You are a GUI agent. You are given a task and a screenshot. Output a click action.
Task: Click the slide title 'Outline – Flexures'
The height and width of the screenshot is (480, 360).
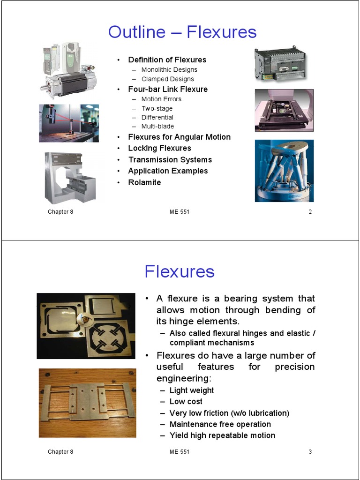[182, 32]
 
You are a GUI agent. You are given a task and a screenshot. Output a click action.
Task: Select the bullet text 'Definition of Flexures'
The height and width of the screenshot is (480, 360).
[167, 60]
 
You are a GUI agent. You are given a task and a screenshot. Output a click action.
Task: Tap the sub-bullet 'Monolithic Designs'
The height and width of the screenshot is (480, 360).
[169, 69]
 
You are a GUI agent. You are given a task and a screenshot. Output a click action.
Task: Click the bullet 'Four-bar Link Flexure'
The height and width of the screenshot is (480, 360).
[168, 89]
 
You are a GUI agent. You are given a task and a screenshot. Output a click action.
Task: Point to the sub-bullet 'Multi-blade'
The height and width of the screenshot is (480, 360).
[157, 126]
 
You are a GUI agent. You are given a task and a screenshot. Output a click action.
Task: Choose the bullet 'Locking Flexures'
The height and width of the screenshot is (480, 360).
[159, 148]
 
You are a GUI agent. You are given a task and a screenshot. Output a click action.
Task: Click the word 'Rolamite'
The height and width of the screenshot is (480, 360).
[144, 182]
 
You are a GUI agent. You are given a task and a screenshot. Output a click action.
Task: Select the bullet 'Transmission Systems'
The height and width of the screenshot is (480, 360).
[170, 160]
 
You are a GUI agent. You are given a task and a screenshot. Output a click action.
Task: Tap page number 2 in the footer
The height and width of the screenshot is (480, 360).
[310, 212]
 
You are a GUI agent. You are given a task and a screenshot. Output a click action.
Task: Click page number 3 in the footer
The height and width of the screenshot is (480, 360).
[310, 452]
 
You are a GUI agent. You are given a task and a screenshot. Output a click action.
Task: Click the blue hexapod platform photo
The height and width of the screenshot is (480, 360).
[284, 171]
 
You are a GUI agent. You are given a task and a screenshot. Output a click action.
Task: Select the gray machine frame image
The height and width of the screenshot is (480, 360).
[70, 178]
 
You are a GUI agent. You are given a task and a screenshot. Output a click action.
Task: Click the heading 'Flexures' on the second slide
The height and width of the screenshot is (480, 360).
[180, 271]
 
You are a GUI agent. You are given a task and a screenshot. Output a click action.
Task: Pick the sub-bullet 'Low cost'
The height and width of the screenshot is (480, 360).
[186, 402]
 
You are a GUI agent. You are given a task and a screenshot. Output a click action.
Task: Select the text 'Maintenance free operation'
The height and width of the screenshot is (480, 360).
[220, 424]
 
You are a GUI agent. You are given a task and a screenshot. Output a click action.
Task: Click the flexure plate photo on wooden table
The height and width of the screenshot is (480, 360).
[87, 403]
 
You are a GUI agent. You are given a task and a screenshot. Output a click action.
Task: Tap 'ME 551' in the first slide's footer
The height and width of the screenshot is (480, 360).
[180, 212]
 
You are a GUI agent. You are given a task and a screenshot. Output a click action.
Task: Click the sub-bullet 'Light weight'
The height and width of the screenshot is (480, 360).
[192, 390]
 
